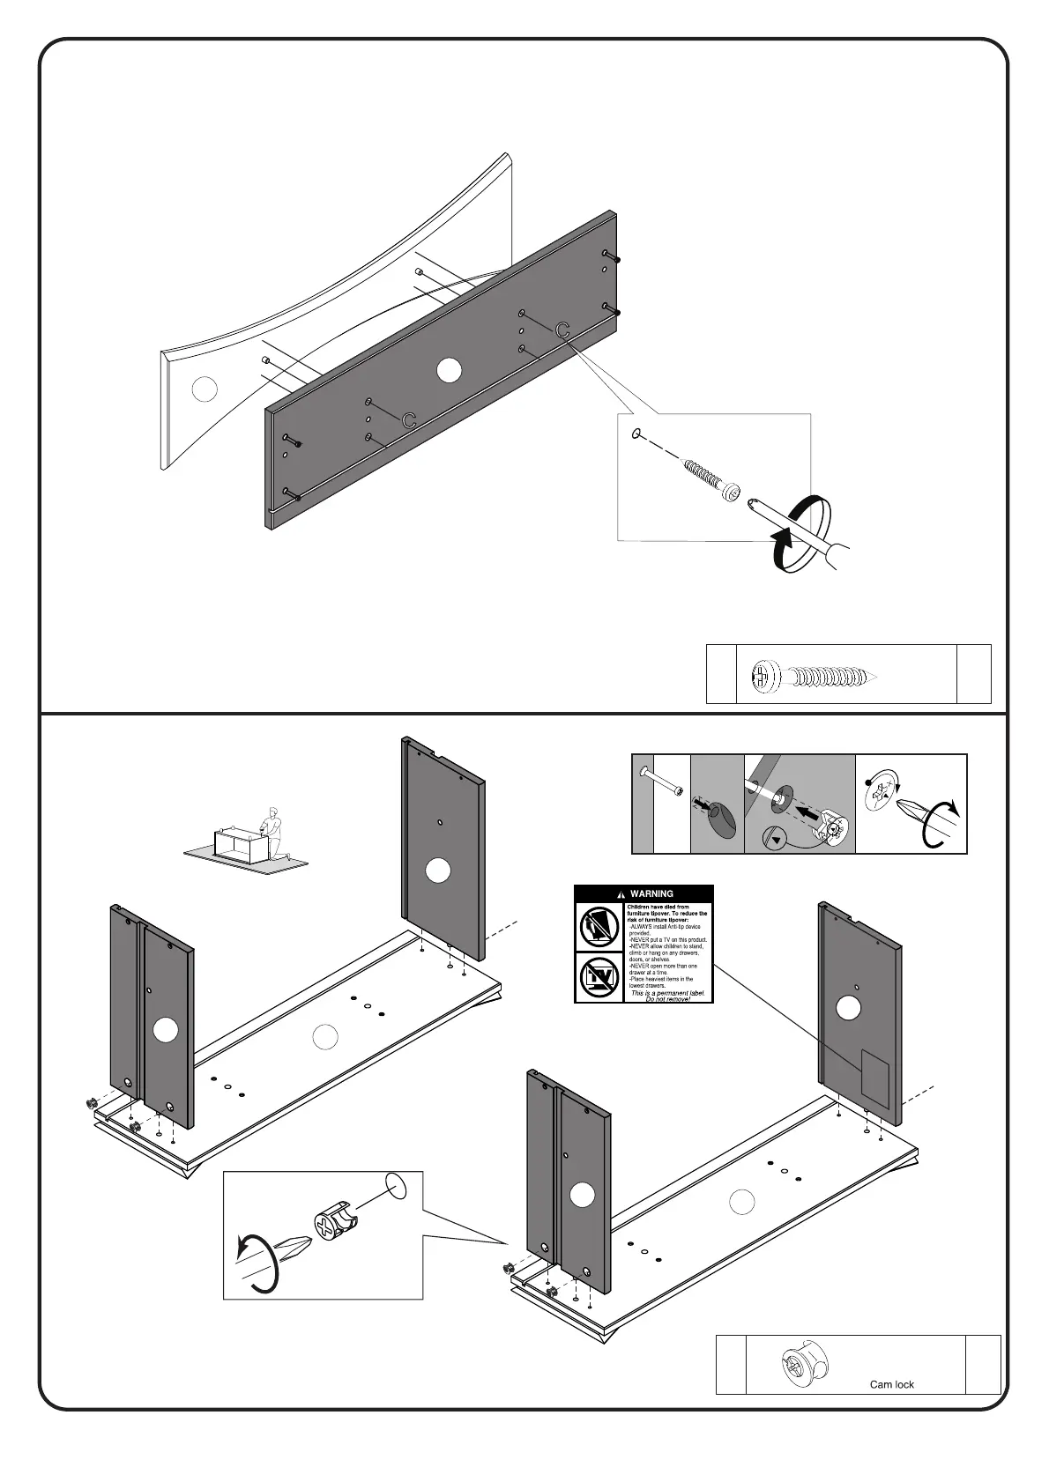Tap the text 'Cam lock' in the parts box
891,1384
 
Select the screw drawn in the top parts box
812,676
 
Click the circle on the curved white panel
204,389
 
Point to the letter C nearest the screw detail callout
562,330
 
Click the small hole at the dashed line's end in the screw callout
636,434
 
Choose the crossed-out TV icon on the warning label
599,976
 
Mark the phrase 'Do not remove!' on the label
667,999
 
